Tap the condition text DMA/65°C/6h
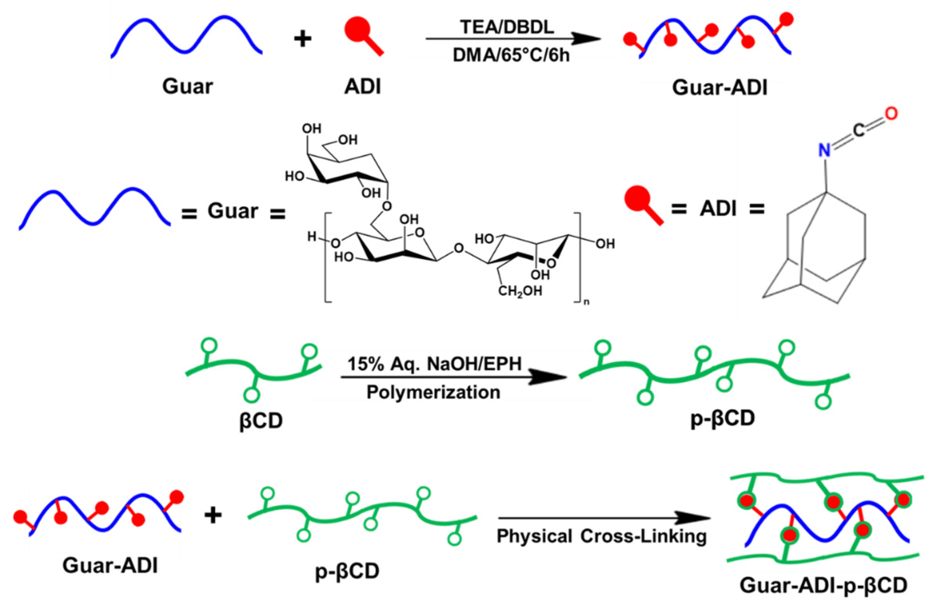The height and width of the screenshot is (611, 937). (511, 55)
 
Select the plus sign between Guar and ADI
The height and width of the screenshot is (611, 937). (302, 39)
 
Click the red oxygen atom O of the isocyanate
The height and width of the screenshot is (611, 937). (891, 114)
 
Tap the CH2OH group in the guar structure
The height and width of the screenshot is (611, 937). (520, 291)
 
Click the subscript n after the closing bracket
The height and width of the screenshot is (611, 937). (587, 303)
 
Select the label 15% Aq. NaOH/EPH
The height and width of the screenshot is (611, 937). (434, 364)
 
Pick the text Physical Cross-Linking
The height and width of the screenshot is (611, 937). (602, 536)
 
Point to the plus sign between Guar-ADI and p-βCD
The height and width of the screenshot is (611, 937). (213, 516)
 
